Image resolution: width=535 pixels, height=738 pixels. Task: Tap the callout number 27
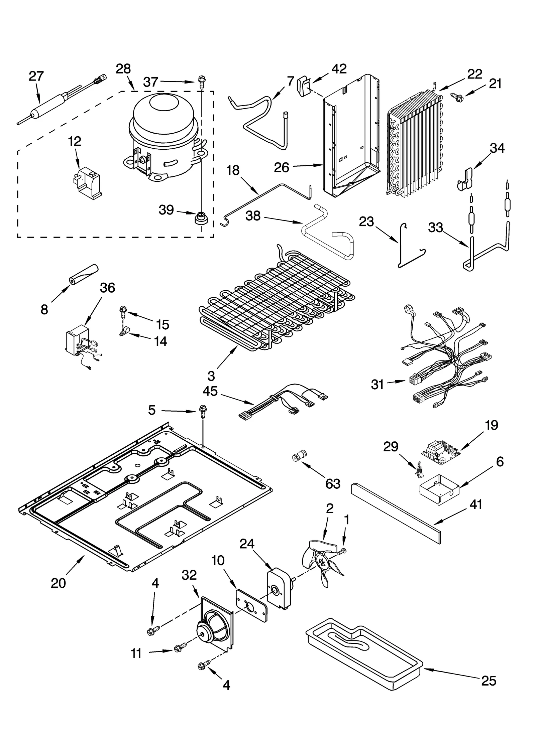pyautogui.click(x=36, y=77)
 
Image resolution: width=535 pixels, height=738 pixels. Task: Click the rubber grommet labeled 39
pyautogui.click(x=201, y=218)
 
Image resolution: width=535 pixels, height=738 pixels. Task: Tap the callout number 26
pyautogui.click(x=281, y=167)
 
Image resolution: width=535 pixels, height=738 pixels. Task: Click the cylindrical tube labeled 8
pyautogui.click(x=83, y=274)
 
